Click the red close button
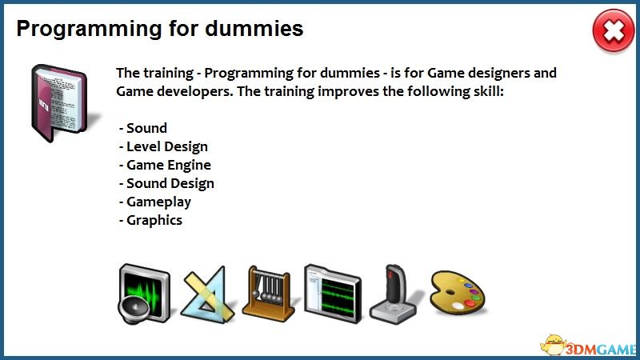tap(614, 31)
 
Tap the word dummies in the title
tap(254, 29)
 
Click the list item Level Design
tap(163, 146)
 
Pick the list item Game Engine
tap(165, 165)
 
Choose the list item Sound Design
tap(166, 183)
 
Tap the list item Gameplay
tap(155, 202)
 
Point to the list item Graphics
tap(150, 221)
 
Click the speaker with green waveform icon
tap(144, 294)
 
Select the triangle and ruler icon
tap(207, 294)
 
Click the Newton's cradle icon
tap(268, 294)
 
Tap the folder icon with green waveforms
tap(333, 294)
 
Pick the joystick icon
tap(394, 294)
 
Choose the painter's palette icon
tap(458, 293)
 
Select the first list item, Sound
tap(143, 128)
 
